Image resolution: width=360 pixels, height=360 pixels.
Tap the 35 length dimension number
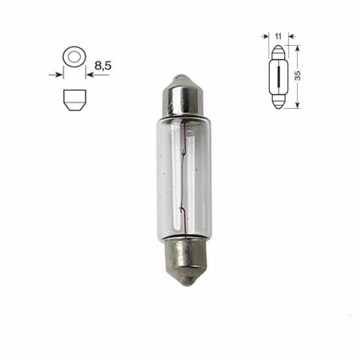pos(298,75)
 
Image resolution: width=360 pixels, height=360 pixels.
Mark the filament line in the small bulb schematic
pos(278,76)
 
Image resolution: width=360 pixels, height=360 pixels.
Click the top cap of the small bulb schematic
pos(278,52)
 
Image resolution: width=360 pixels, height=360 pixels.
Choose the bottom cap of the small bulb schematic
pos(278,101)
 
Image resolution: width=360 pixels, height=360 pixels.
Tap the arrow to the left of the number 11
pos(268,37)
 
